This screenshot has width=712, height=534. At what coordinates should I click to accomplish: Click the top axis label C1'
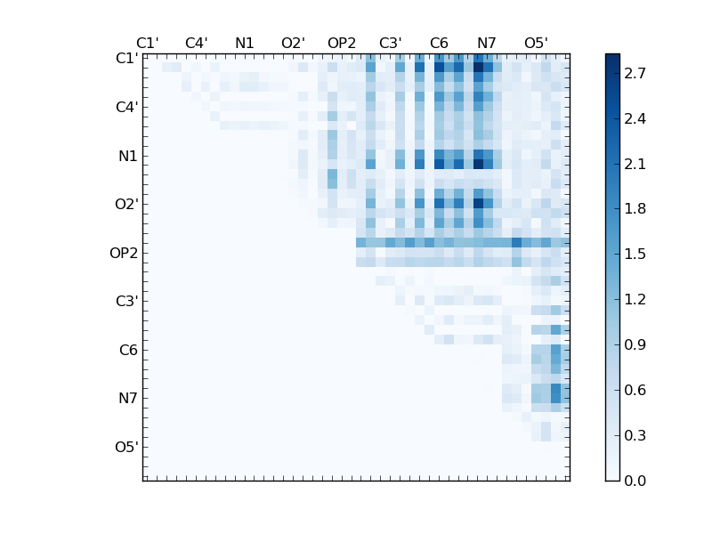click(148, 43)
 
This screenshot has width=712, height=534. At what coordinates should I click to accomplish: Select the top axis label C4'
click(196, 43)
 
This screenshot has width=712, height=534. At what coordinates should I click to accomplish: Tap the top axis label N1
click(245, 43)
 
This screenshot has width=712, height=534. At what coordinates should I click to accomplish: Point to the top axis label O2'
click(293, 43)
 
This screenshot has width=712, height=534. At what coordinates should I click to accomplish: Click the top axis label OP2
click(342, 43)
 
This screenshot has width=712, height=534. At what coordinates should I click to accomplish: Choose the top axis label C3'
click(390, 43)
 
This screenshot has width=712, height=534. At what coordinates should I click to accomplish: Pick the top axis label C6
click(439, 43)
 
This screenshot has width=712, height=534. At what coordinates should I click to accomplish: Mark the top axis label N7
click(487, 43)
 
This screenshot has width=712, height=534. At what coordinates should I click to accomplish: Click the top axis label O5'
click(536, 43)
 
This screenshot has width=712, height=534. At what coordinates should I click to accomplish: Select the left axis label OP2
click(124, 253)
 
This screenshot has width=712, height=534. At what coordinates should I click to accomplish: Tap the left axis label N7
click(128, 398)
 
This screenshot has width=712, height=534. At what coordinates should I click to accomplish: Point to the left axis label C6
click(128, 350)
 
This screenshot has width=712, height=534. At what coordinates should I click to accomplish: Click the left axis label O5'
click(126, 447)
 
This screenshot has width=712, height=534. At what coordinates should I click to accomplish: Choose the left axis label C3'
click(126, 301)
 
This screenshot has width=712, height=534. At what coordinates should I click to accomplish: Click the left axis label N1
click(128, 156)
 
